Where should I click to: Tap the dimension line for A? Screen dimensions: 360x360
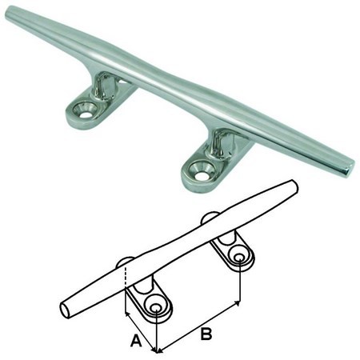(x=142, y=333)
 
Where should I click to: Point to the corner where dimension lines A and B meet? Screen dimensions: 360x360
(x=157, y=350)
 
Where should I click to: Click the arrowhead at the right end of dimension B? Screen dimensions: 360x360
(x=238, y=305)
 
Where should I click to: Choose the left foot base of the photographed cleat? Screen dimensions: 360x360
(x=88, y=109)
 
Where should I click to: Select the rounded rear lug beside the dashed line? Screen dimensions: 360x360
(x=125, y=262)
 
